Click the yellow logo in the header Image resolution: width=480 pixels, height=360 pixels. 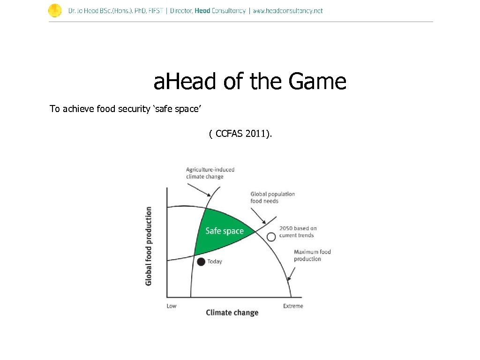click(x=55, y=10)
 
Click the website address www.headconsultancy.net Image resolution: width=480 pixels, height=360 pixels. click(x=288, y=11)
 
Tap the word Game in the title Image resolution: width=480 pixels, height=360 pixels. click(x=317, y=82)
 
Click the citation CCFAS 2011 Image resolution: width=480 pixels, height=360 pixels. click(x=240, y=135)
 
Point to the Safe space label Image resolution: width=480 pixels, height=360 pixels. click(x=225, y=231)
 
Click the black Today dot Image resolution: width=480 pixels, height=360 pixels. click(x=201, y=262)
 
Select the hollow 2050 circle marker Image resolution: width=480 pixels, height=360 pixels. click(x=271, y=237)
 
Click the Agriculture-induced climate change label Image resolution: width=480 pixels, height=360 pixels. click(x=210, y=173)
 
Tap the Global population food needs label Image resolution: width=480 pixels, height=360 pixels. click(x=272, y=197)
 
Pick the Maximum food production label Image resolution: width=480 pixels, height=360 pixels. click(x=312, y=255)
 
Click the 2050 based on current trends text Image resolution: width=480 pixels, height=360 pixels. click(x=298, y=232)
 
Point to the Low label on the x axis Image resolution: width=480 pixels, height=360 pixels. click(x=172, y=306)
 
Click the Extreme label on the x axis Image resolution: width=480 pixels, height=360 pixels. click(x=293, y=306)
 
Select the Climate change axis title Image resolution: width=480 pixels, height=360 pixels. click(x=232, y=313)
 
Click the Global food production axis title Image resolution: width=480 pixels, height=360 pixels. click(x=149, y=246)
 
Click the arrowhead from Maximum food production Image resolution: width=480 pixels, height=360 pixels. click(x=288, y=279)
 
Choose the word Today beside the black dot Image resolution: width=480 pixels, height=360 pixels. click(x=215, y=262)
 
